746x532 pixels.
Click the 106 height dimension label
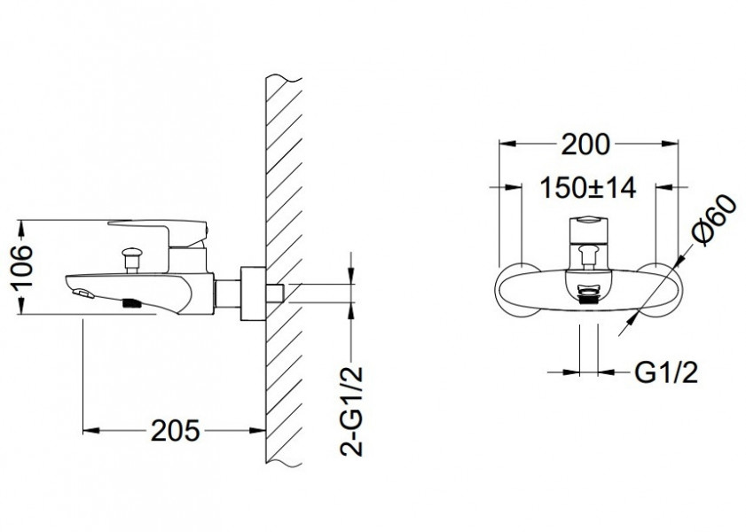(x=22, y=266)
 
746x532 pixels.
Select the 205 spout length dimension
(x=175, y=431)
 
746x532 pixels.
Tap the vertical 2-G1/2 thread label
(x=351, y=411)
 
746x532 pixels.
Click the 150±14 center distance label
(x=588, y=188)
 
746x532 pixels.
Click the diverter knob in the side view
(x=130, y=258)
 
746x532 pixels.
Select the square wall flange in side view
(x=253, y=293)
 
